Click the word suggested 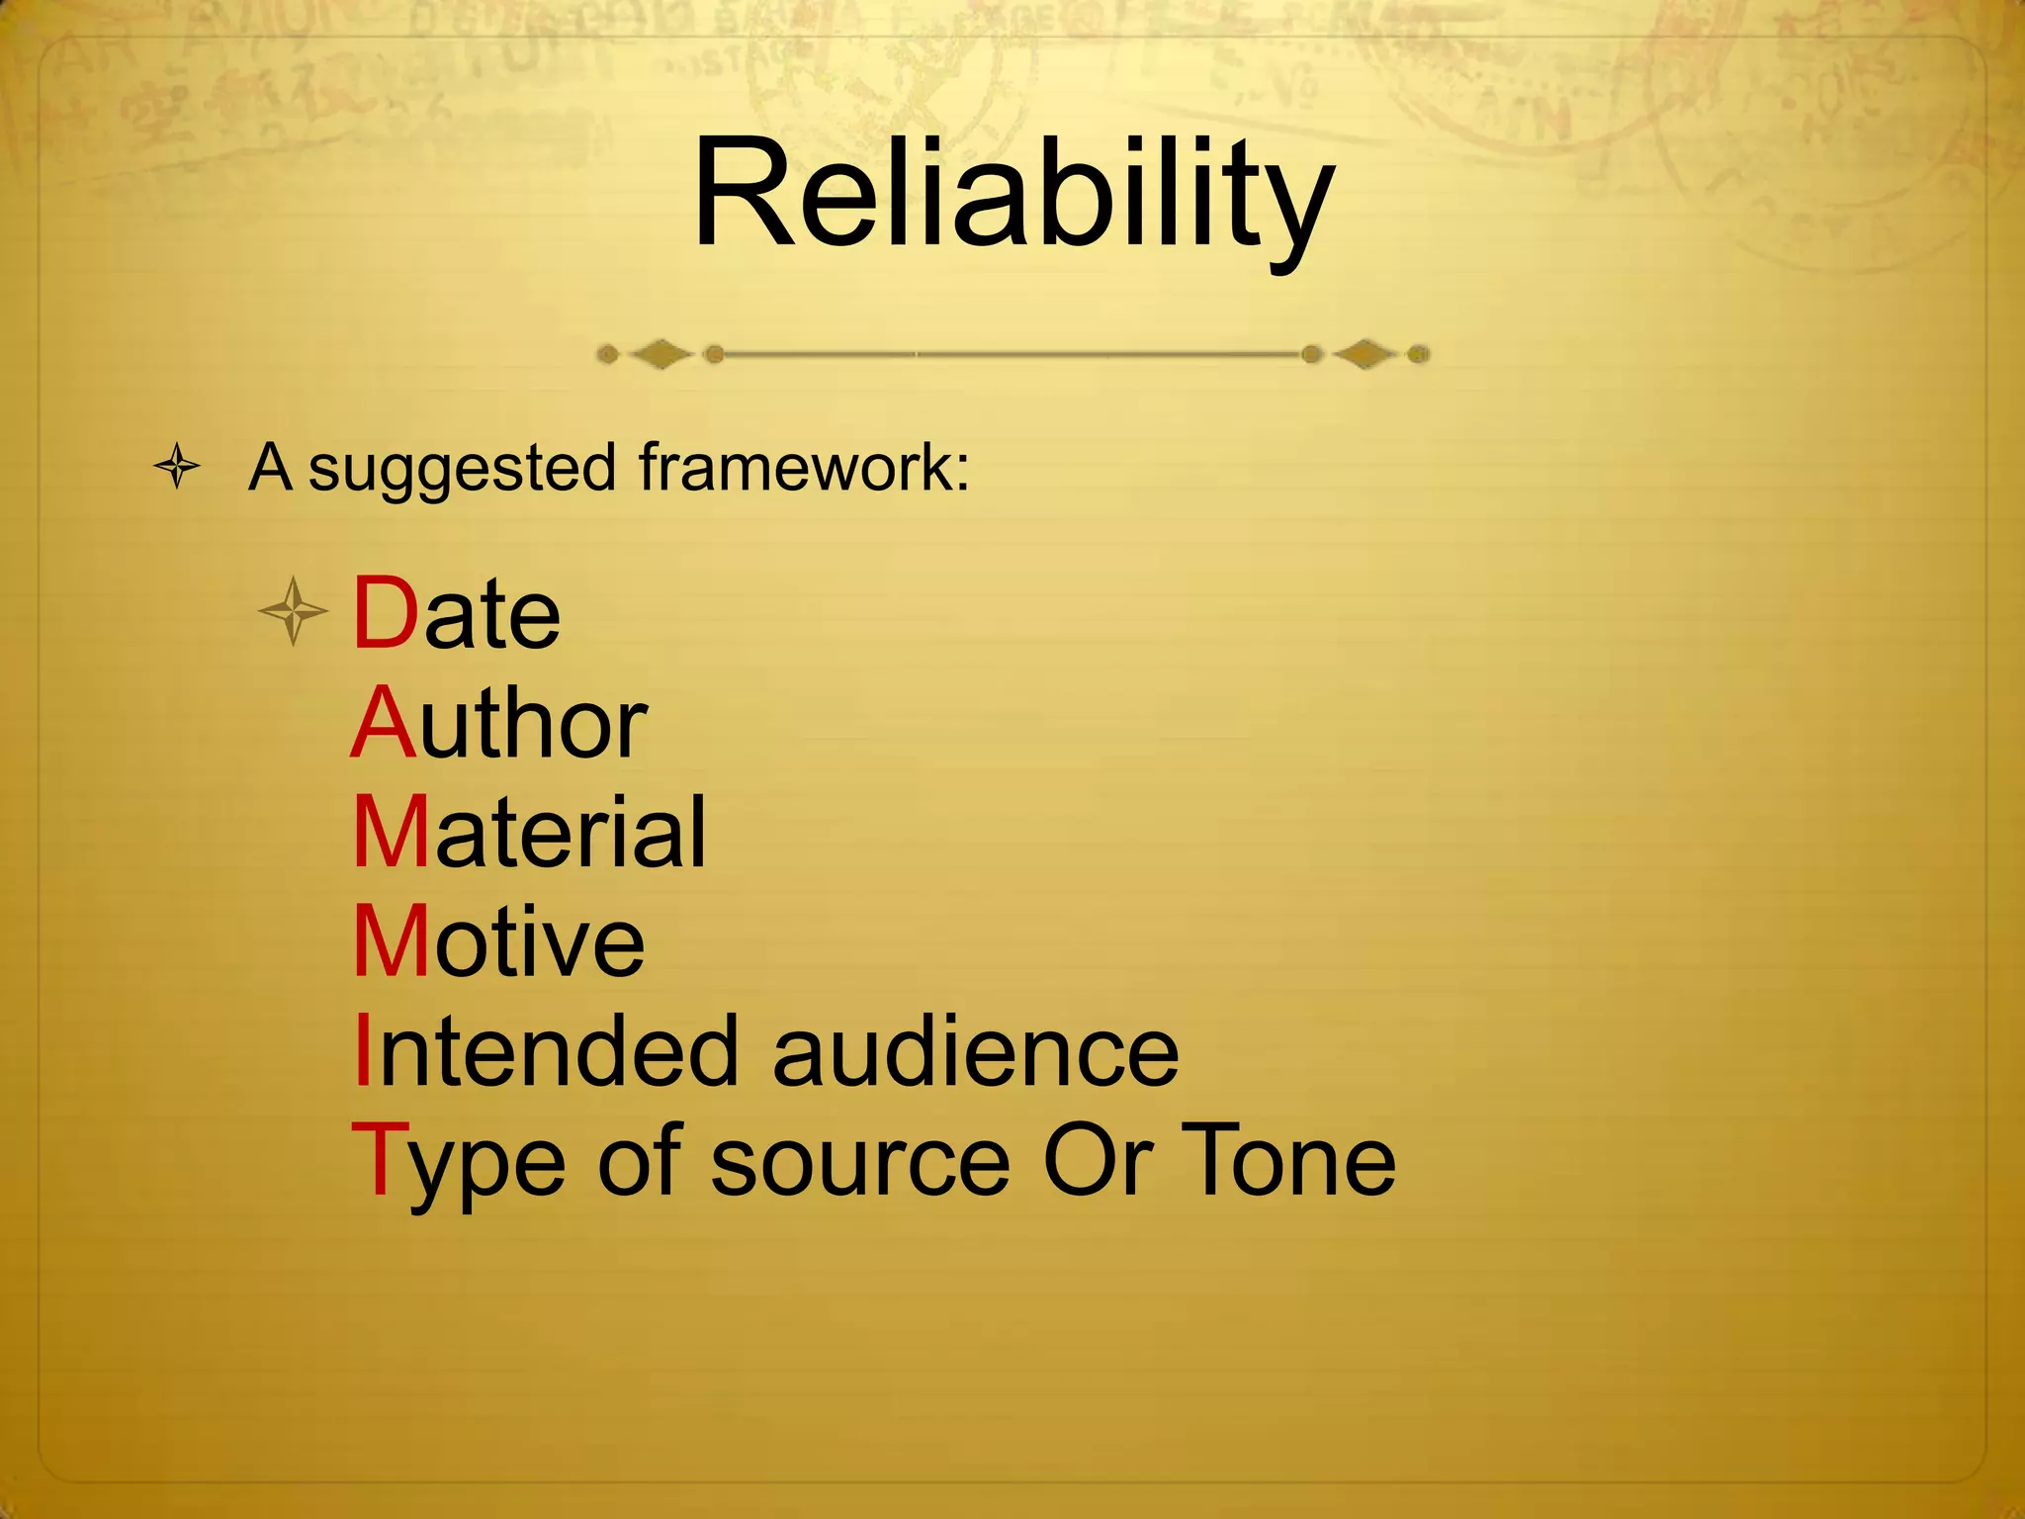pos(463,468)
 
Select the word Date pos(457,614)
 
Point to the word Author pos(499,724)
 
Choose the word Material pos(530,833)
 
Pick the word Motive pos(498,941)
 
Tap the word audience pos(975,1052)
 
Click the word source pos(860,1163)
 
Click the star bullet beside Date pos(293,612)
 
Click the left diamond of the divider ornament pos(660,354)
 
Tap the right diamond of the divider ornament pos(1365,354)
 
